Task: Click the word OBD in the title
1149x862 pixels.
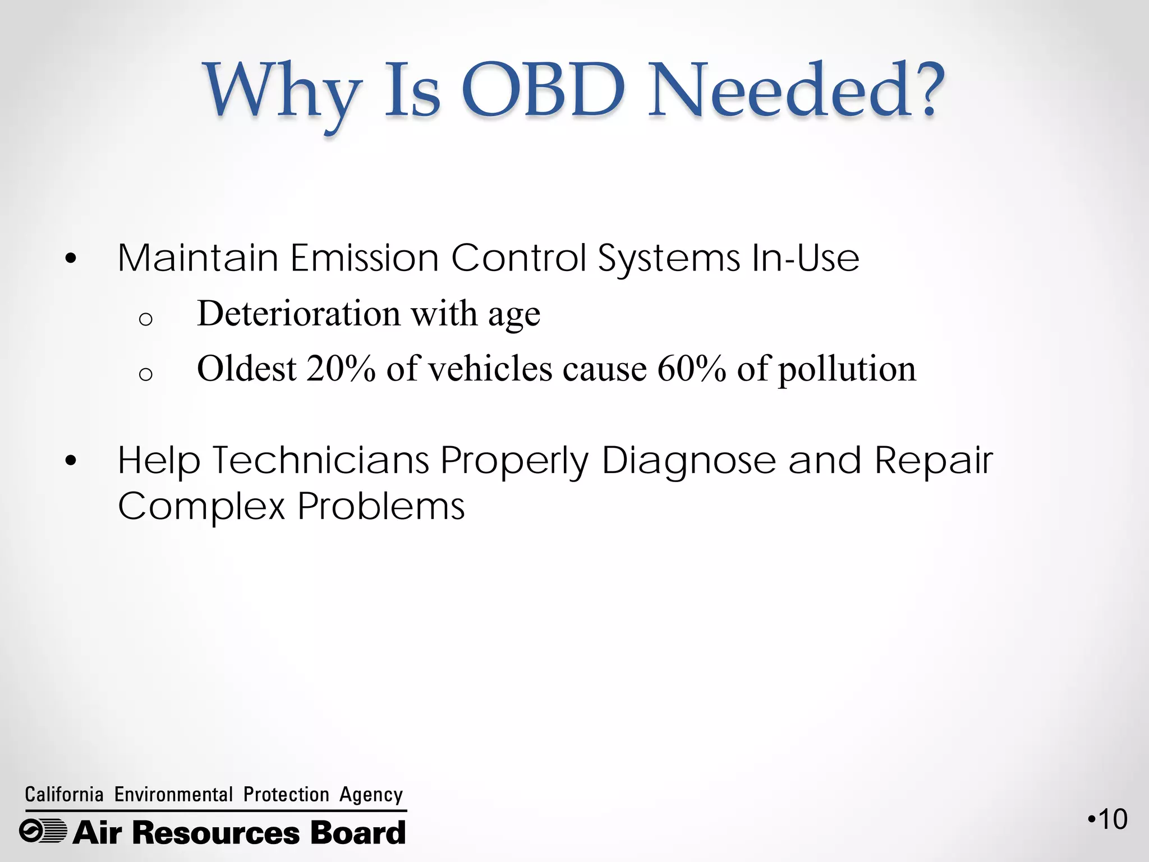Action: tap(543, 91)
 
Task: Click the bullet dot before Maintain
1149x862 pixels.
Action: tap(70, 259)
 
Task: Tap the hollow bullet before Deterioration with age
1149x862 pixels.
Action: tap(145, 319)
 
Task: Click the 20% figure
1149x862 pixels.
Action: tap(341, 369)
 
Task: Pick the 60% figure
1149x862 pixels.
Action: tap(691, 369)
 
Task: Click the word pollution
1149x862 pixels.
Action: tap(847, 370)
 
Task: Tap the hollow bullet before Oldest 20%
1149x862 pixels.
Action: tap(145, 374)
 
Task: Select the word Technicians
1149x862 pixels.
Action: tap(320, 461)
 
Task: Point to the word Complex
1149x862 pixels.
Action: tap(201, 506)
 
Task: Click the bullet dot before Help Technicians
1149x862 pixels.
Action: tap(70, 461)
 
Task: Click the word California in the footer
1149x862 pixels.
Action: tap(64, 795)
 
